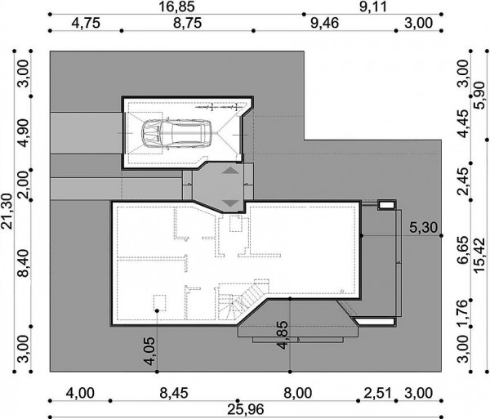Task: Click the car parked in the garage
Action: (176, 133)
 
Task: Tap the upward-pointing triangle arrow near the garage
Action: (231, 171)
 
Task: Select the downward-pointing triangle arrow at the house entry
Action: (231, 203)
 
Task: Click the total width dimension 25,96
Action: (246, 409)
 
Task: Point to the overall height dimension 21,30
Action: (7, 212)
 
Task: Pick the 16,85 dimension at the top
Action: (177, 7)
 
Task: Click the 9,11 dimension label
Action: (373, 7)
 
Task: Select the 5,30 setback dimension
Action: (423, 227)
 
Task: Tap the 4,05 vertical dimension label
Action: (149, 351)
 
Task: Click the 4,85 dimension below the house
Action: (283, 335)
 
